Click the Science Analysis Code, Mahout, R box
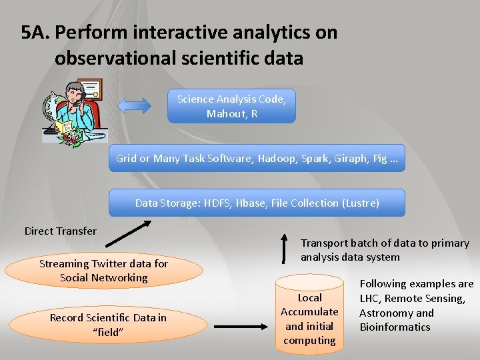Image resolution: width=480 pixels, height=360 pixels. click(x=231, y=107)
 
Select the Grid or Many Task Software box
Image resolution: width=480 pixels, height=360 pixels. click(x=257, y=159)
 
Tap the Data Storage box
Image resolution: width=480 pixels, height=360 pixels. click(x=257, y=203)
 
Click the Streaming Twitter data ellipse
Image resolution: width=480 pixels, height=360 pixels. click(x=103, y=271)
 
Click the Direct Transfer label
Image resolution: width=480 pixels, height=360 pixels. click(x=60, y=231)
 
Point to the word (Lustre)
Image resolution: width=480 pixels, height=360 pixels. click(x=361, y=203)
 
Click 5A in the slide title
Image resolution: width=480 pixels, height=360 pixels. click(x=35, y=32)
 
